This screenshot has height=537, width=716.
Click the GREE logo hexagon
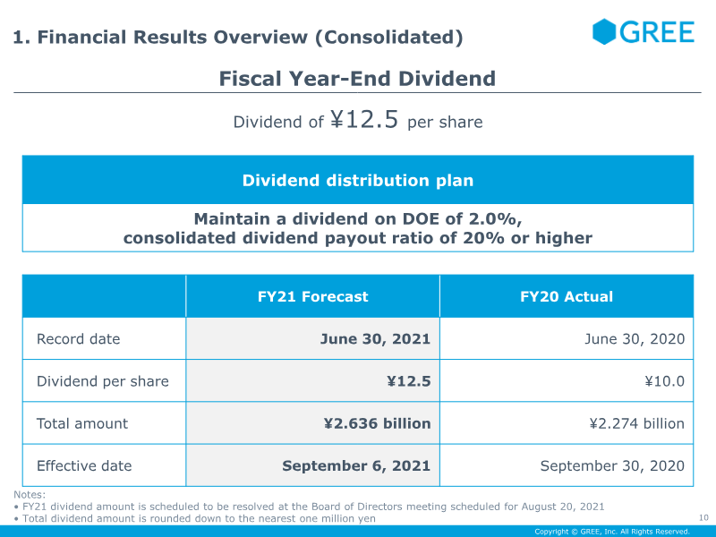point(604,31)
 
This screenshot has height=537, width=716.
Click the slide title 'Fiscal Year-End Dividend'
point(357,79)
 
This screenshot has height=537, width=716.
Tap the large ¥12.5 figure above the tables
point(364,120)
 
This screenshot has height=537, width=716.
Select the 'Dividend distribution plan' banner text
point(358,181)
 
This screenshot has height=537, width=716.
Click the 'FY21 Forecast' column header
point(312,297)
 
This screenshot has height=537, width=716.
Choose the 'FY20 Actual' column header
point(567,297)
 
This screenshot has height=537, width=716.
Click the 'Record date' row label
point(79,339)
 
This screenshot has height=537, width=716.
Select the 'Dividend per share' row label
point(103,381)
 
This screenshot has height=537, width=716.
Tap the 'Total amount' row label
point(82,423)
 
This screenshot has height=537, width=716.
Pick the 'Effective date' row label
point(84,465)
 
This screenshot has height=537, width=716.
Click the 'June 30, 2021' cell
point(375,339)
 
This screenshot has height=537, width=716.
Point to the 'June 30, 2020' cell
point(635,339)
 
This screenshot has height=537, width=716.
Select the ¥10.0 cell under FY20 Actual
point(665,381)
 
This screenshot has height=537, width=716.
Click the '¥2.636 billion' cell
point(377,423)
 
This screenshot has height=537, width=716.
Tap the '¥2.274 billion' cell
point(637,423)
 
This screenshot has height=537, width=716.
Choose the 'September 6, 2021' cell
point(356,465)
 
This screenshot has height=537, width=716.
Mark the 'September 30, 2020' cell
point(612,465)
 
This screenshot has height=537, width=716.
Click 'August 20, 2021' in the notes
point(563,507)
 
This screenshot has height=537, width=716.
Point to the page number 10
point(703,517)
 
